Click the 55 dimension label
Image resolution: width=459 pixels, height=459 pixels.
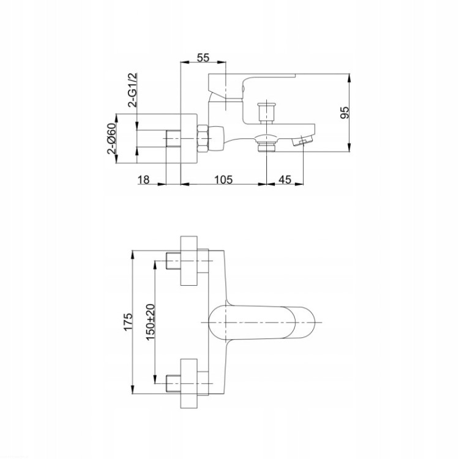[203, 58]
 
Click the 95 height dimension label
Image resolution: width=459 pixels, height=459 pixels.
[345, 113]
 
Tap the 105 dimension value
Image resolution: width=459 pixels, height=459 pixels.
[223, 179]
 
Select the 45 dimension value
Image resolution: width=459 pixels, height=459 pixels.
[285, 179]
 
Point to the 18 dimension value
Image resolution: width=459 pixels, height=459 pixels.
[143, 179]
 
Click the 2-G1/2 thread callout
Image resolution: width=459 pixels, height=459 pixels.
[132, 90]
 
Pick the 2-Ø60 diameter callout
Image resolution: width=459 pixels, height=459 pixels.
[111, 138]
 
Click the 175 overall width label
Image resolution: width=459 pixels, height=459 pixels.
[128, 322]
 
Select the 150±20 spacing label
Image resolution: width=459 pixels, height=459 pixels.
[150, 322]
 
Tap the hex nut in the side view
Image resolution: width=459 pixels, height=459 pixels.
[203, 138]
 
